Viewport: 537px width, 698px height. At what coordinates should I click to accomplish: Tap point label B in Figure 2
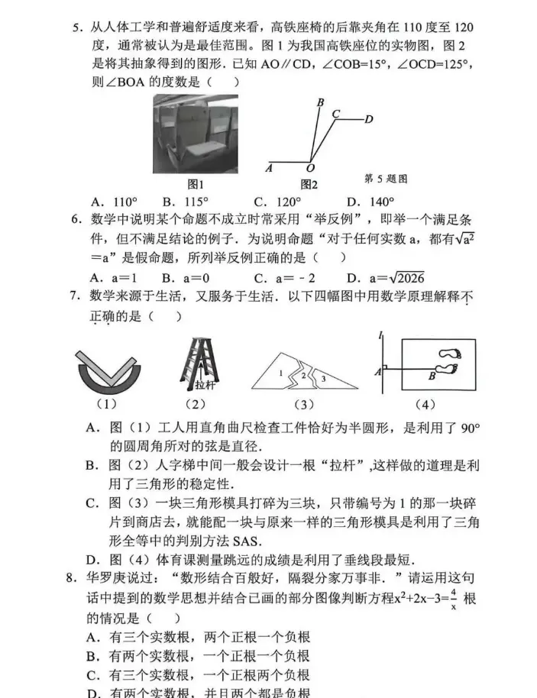point(320,102)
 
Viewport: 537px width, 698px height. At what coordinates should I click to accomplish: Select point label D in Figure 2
point(368,119)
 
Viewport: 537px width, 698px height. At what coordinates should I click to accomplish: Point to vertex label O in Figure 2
point(310,169)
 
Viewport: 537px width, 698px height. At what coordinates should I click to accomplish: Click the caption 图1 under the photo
point(196,184)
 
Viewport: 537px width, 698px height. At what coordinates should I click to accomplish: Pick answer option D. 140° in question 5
point(370,202)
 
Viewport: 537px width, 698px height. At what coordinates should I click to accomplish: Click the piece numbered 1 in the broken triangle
point(281,373)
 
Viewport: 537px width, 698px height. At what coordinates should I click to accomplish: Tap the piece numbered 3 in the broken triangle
point(322,378)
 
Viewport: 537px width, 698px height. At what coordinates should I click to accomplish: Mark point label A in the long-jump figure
point(377,371)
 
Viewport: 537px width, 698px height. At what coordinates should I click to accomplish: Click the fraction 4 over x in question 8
point(453,598)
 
